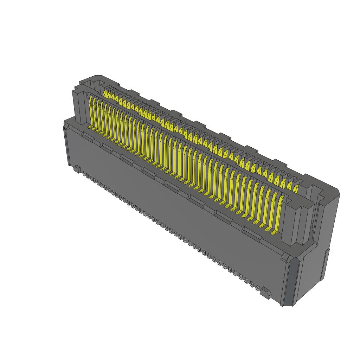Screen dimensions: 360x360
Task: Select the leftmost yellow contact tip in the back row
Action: click(x=105, y=93)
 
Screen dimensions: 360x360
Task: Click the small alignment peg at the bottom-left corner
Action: click(x=76, y=169)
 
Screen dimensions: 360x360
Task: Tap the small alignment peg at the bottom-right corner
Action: click(x=266, y=293)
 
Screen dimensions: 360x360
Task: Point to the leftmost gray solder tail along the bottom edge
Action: click(x=83, y=173)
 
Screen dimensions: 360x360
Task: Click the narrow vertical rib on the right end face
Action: click(x=327, y=264)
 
